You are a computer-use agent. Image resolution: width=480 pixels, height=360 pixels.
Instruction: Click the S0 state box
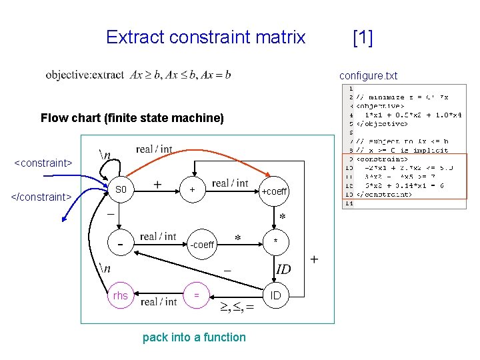121,190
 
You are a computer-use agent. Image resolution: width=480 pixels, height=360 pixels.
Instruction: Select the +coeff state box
274,191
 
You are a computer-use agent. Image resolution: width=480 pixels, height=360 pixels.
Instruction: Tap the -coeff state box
201,245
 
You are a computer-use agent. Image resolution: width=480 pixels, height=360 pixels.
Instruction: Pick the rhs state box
121,295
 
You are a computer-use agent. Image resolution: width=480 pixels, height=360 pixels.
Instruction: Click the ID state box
275,295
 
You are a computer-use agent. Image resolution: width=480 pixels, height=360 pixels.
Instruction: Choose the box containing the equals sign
196,295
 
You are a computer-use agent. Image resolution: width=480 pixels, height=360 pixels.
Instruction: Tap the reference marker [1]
362,37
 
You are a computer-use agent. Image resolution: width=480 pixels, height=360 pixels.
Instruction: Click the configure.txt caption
368,75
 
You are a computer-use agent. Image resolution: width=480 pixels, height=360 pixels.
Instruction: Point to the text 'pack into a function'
194,337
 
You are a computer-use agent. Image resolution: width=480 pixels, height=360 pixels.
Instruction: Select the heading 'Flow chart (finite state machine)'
132,118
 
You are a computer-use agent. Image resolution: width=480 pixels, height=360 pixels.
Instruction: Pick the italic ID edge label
283,269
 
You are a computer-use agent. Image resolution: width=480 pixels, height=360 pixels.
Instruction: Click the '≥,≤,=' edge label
237,307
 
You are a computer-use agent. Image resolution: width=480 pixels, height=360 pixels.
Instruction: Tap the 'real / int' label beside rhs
158,302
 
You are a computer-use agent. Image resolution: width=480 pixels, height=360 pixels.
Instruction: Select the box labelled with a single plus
193,190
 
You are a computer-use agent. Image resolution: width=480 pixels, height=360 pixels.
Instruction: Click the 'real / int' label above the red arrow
154,149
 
